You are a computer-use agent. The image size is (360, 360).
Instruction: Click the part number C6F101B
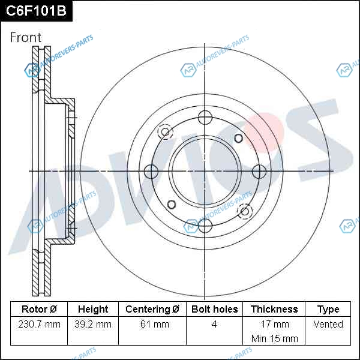pyautogui.click(x=36, y=11)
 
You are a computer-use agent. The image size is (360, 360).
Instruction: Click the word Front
pyautogui.click(x=26, y=37)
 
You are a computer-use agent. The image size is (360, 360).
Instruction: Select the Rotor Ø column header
pyautogui.click(x=39, y=309)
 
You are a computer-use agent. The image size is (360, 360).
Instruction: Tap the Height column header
pyautogui.click(x=93, y=309)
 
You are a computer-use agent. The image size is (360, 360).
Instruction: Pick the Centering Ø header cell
pyautogui.click(x=152, y=309)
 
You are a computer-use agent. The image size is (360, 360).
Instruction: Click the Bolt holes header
pyautogui.click(x=214, y=309)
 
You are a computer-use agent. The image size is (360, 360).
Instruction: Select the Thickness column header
pyautogui.click(x=274, y=309)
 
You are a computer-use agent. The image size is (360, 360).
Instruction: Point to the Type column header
pyautogui.click(x=328, y=310)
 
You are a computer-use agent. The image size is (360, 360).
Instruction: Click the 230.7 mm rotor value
pyautogui.click(x=39, y=324)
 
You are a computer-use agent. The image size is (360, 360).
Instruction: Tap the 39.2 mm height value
pyautogui.click(x=93, y=324)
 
